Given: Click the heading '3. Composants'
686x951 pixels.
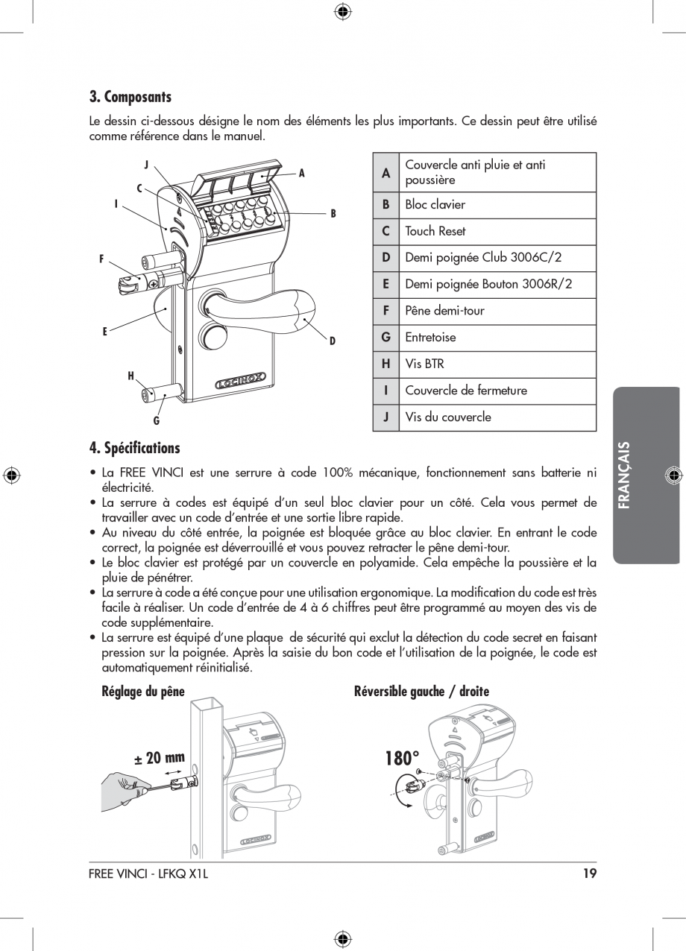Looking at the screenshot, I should tap(130, 97).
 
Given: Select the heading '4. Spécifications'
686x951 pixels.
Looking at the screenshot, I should tap(135, 448).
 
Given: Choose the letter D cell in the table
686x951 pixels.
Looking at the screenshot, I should tap(386, 258).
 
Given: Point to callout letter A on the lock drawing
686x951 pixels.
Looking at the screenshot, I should tap(302, 173).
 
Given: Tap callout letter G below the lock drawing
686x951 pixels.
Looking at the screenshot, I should tap(157, 421).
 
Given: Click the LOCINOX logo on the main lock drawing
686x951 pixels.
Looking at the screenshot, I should tap(241, 384).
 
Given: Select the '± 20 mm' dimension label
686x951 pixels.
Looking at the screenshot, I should tap(159, 759).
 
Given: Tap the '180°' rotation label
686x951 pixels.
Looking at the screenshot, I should tap(403, 759).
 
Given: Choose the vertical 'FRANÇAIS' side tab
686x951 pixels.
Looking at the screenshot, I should tap(646, 475).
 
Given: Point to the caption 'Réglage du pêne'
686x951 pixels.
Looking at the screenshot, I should tap(143, 692).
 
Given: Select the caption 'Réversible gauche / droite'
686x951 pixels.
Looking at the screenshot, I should tap(421, 692).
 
